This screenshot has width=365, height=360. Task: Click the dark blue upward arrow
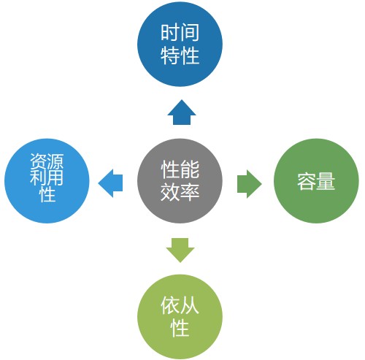click(182, 112)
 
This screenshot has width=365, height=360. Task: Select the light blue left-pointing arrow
click(110, 183)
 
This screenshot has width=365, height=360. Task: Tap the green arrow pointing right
click(250, 184)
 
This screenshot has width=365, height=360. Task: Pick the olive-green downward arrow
click(180, 250)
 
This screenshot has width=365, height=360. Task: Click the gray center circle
click(180, 181)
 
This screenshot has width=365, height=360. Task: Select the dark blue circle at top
click(180, 44)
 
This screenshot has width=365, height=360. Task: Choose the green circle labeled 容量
click(316, 181)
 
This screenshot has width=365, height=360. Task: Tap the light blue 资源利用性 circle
click(47, 181)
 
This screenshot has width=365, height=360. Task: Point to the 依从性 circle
click(180, 317)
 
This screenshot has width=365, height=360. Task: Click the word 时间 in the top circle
click(180, 32)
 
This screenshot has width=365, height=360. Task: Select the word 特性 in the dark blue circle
click(180, 55)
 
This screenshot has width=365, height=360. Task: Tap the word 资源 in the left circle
click(47, 161)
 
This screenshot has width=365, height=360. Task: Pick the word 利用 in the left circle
click(47, 177)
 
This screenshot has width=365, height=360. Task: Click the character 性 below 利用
click(47, 194)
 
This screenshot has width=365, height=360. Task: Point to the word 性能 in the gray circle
click(180, 169)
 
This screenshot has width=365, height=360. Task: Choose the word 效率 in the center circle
click(180, 192)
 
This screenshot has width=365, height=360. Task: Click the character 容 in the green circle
click(307, 181)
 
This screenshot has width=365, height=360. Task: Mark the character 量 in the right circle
click(326, 181)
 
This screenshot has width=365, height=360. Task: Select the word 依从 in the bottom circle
click(180, 305)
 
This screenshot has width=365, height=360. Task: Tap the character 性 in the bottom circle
click(180, 328)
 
